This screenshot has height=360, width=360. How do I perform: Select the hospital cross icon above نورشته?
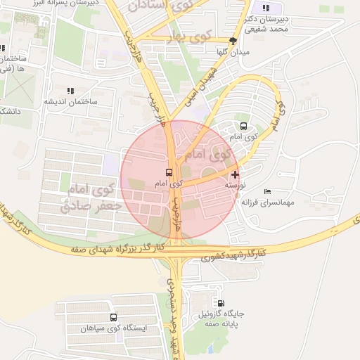(234, 174)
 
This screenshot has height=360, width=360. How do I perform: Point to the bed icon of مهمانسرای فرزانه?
(266, 191)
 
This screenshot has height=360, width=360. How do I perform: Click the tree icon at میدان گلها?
(233, 41)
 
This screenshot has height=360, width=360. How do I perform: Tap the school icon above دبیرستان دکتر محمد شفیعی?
(266, 8)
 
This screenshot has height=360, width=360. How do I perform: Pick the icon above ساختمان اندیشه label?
(70, 91)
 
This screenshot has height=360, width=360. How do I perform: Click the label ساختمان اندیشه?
(70, 102)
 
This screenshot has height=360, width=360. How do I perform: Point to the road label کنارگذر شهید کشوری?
(234, 255)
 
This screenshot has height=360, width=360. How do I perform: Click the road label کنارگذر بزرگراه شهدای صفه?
(115, 249)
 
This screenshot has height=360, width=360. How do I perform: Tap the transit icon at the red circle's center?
(169, 172)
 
